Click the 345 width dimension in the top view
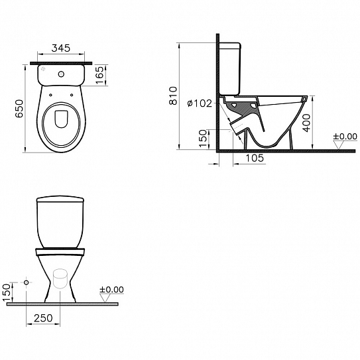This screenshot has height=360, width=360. click(60, 49)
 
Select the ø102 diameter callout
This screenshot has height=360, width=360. click(198, 103)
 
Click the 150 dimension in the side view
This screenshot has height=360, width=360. click(204, 136)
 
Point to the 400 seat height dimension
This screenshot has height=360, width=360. click(307, 123)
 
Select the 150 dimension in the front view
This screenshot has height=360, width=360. click(7, 292)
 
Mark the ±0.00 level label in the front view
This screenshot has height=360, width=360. click(111, 290)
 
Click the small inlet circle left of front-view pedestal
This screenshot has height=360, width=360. click(26, 283)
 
